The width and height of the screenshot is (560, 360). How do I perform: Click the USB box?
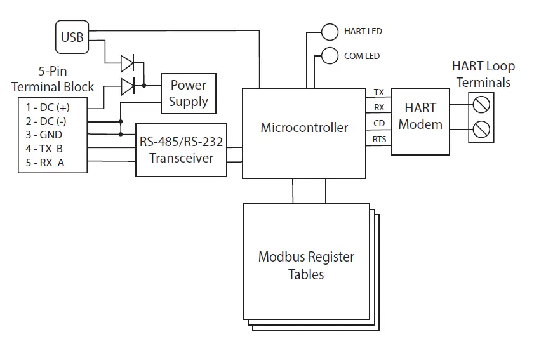(x=72, y=37)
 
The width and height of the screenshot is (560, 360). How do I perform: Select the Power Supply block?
(x=188, y=93)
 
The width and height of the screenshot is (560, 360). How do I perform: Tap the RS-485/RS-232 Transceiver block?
(x=181, y=150)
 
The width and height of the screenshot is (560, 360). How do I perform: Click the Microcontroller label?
(x=304, y=128)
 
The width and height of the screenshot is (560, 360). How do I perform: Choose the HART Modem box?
(x=420, y=117)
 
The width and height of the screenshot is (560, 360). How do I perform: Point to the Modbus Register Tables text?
(x=306, y=265)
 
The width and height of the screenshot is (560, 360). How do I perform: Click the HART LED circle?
(x=330, y=31)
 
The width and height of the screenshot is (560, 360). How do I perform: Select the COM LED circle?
(x=330, y=56)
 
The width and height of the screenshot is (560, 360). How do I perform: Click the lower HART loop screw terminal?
(x=481, y=130)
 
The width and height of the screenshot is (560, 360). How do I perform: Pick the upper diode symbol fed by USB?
(x=128, y=62)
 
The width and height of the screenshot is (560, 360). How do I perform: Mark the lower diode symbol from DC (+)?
(x=128, y=85)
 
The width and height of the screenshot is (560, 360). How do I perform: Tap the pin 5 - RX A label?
(x=45, y=163)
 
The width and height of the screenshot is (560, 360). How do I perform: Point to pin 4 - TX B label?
(x=45, y=149)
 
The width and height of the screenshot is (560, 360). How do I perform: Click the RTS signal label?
(x=379, y=139)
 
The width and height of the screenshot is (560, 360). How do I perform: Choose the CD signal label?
(x=379, y=123)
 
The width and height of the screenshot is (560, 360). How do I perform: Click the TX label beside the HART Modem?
(x=379, y=93)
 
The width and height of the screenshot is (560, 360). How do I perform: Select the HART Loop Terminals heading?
(x=483, y=74)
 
